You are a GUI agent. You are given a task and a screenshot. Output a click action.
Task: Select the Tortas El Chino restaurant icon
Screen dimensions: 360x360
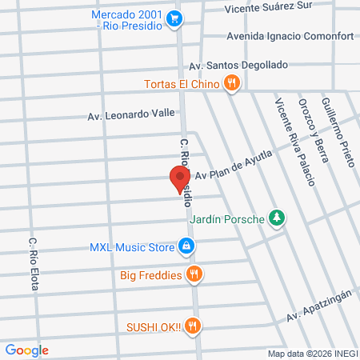[x=231, y=82]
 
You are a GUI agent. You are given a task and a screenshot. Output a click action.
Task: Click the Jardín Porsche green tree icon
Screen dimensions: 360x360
[x=276, y=217]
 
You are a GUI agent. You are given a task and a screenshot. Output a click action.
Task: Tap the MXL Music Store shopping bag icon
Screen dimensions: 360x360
[x=186, y=246]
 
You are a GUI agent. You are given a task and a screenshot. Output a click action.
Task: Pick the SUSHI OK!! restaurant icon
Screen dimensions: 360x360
[x=192, y=326]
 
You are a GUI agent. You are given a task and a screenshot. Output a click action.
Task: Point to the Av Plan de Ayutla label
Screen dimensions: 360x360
[x=234, y=165]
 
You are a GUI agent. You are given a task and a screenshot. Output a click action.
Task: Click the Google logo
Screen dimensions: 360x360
[x=26, y=350]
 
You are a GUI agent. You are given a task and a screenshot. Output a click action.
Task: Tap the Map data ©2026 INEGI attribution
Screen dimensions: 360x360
[x=312, y=354]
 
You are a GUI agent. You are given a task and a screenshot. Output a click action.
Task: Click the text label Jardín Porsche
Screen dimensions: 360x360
[x=226, y=221]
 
